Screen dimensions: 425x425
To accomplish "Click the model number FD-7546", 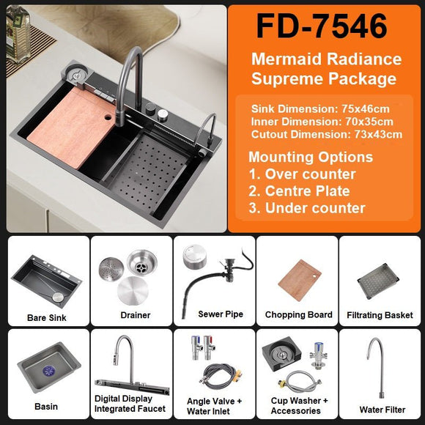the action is [322, 26].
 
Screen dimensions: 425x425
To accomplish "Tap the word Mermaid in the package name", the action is [287, 59].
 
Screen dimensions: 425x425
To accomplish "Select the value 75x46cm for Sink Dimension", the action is [366, 109].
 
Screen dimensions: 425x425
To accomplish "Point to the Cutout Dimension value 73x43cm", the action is [378, 134].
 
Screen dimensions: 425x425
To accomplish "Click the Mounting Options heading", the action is [311, 158].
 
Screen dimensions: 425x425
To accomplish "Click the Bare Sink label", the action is [47, 318].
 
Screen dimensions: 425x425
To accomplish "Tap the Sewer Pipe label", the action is [221, 314].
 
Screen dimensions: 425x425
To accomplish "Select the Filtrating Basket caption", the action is [380, 315].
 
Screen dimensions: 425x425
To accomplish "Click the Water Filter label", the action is [382, 410].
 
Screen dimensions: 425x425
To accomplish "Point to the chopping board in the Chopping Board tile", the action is [300, 281].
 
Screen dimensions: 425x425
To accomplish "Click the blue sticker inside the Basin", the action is [50, 371].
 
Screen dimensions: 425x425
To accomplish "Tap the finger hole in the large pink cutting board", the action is [108, 117].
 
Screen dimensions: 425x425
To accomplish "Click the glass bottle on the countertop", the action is [18, 34].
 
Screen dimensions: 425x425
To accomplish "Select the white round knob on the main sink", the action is [163, 114].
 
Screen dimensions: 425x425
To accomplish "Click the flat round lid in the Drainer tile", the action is [133, 291].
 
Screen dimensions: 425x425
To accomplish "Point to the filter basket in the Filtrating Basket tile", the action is [378, 282].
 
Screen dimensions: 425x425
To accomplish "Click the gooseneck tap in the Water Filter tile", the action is [377, 366].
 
